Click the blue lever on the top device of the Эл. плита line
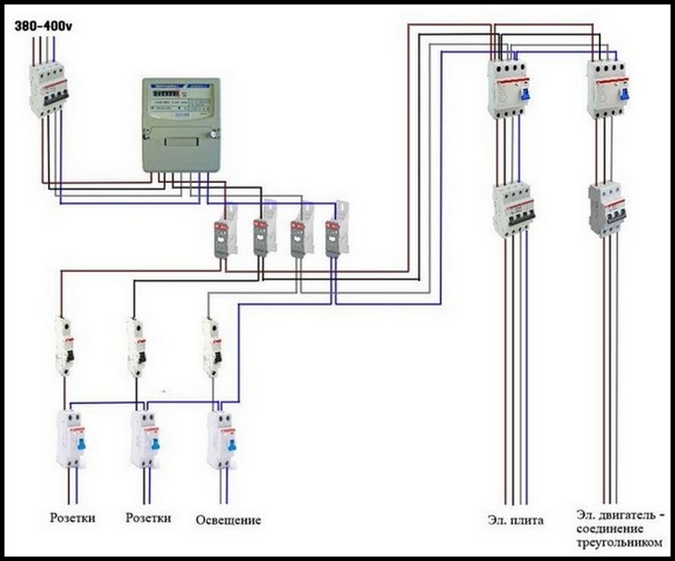click(x=526, y=89)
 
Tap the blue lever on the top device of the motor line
click(x=625, y=89)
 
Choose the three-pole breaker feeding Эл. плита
click(x=514, y=210)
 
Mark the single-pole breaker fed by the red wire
click(x=63, y=347)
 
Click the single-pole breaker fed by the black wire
click(x=136, y=347)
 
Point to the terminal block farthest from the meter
click(x=336, y=233)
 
